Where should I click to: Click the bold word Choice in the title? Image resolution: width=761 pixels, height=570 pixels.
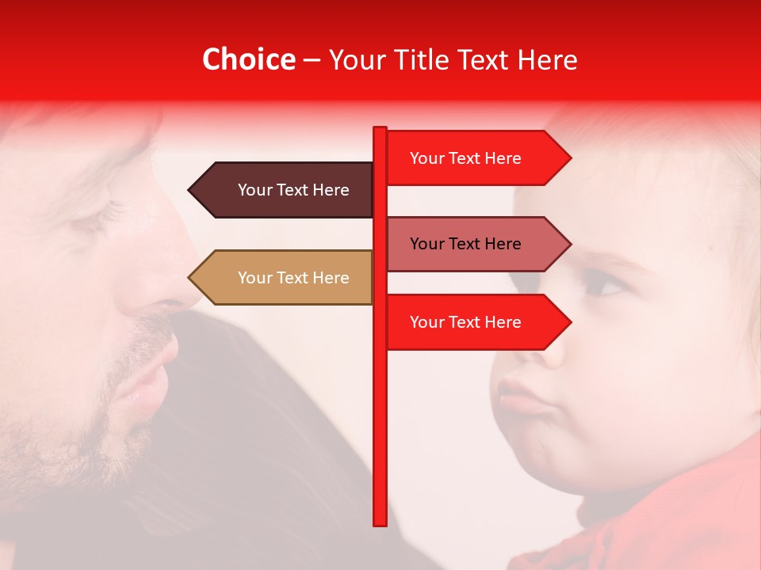point(248,59)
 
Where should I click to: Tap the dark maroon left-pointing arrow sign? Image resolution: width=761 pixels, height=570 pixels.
point(281,190)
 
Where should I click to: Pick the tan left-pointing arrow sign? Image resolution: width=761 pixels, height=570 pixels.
point(281,278)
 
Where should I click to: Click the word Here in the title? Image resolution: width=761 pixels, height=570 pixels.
point(547,59)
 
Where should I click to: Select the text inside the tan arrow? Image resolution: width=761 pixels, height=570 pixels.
point(293,278)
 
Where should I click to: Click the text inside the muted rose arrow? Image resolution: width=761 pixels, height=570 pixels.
point(465,244)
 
